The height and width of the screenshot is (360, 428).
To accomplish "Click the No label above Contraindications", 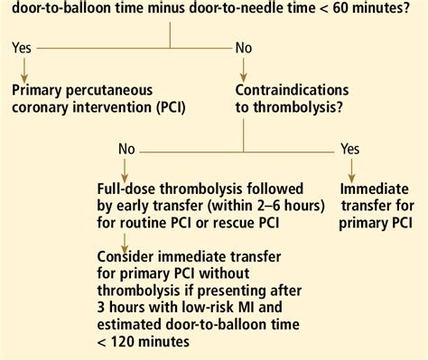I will [244, 48].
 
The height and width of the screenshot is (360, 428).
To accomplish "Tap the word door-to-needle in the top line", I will [260, 9].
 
